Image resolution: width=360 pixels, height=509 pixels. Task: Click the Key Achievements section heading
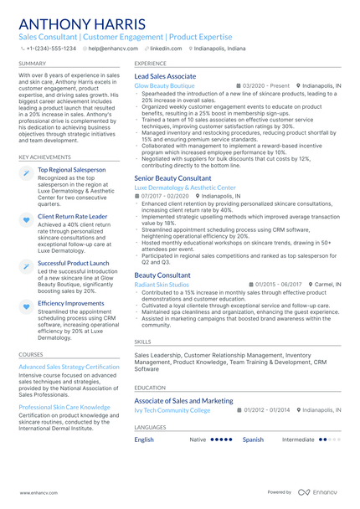coord(44,157)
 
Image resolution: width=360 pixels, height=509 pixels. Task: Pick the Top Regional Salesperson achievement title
coord(72,170)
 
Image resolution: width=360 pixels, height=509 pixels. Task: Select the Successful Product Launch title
coord(73,263)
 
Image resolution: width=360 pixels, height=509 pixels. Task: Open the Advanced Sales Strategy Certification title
coord(69,367)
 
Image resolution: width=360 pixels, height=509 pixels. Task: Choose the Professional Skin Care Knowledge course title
coord(64,407)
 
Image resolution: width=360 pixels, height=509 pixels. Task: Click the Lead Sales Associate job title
coord(166,76)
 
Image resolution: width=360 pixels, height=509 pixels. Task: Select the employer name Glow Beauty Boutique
coord(164,85)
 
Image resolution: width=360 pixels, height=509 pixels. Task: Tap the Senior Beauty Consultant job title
coord(172,178)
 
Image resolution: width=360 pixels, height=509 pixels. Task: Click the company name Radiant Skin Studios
coord(162,285)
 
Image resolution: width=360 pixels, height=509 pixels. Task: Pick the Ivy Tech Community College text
coord(172,410)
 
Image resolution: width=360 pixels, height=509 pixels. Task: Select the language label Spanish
coord(253,439)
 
